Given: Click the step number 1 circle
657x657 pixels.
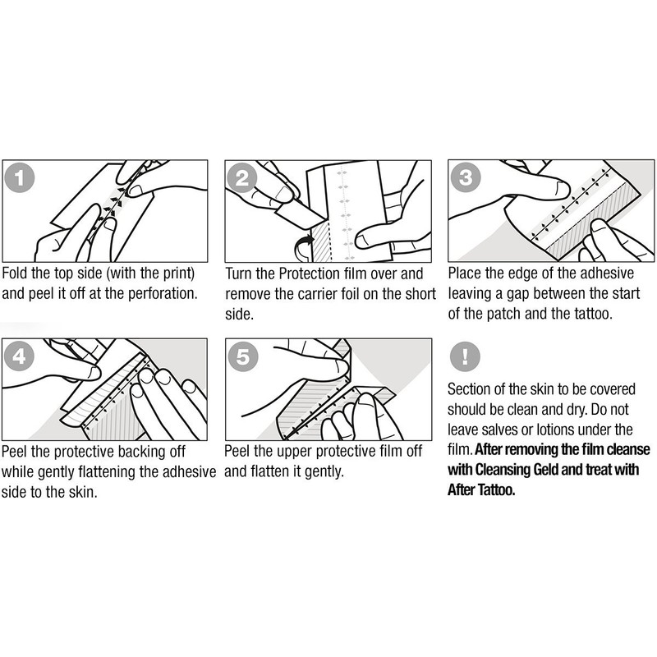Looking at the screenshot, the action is [19, 179].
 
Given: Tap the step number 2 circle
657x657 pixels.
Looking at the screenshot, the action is [242, 179].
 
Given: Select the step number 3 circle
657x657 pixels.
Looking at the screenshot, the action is [465, 177].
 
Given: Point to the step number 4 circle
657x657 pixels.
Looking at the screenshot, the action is [19, 357].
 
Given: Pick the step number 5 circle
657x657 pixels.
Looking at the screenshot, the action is [242, 357].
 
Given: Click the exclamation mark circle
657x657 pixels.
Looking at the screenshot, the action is [465, 356].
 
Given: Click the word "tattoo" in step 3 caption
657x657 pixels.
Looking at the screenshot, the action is [592, 314].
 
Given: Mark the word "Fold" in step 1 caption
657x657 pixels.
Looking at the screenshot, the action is [15, 273].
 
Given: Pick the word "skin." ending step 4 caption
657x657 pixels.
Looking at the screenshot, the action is [83, 492].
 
